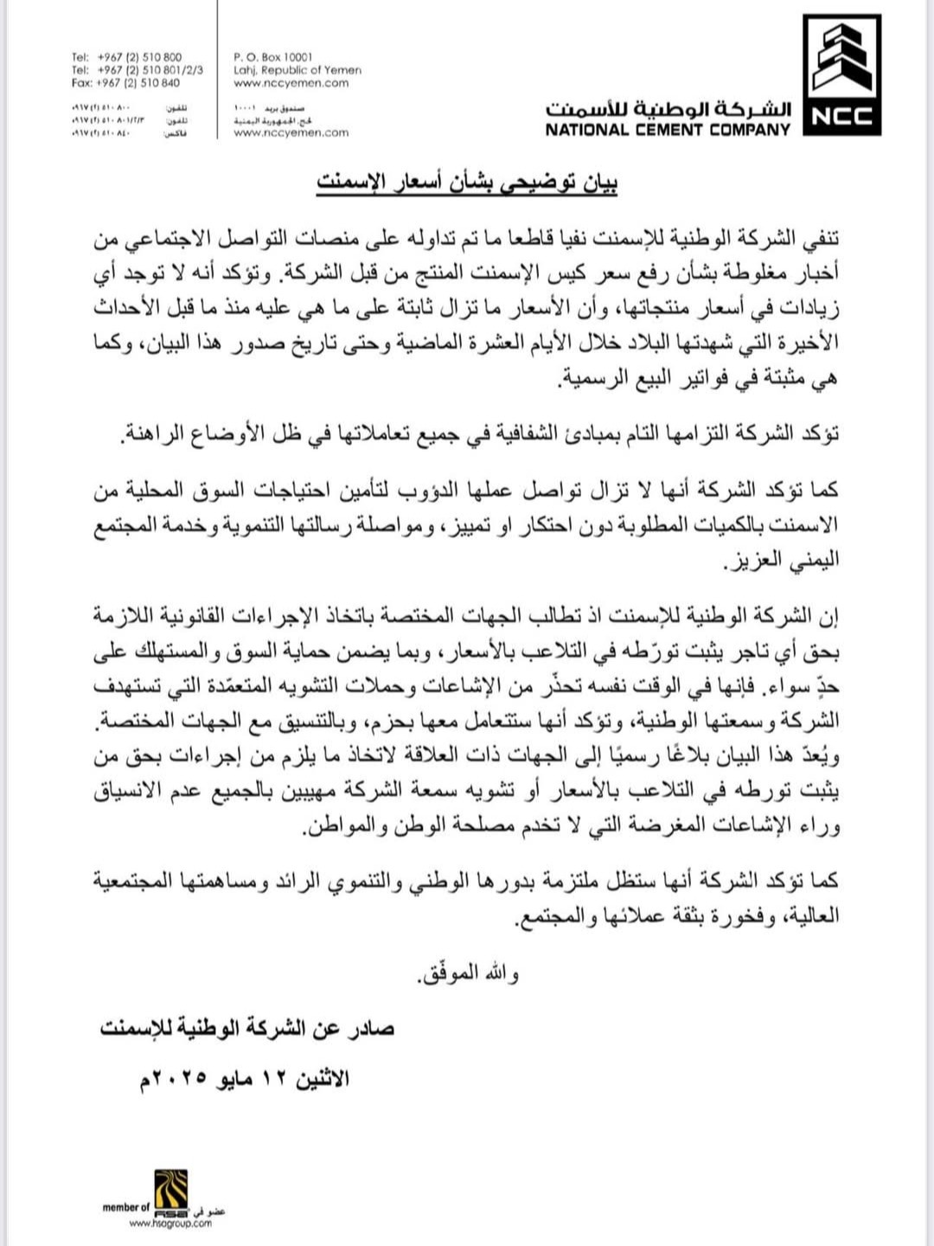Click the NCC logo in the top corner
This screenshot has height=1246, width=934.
841,74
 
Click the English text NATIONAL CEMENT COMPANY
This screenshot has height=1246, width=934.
668,130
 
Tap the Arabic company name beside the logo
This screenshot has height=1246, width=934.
668,110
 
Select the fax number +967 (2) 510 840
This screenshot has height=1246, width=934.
138,83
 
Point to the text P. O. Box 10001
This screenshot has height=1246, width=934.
273,57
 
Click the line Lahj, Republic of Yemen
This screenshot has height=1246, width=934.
297,70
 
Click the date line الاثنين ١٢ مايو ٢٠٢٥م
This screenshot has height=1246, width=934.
241,1079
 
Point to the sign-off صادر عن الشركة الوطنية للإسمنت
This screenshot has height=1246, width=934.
247,1028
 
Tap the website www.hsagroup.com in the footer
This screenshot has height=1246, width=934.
170,1224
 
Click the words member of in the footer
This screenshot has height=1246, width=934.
125,1207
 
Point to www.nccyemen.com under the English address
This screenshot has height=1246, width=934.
291,83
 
